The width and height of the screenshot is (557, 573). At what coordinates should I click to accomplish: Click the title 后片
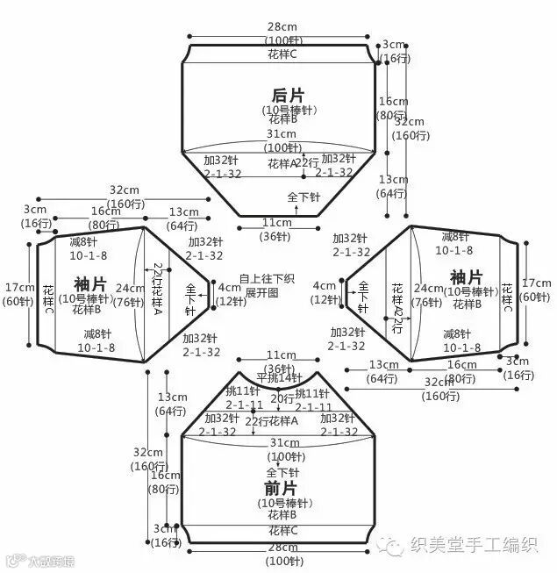click(x=281, y=94)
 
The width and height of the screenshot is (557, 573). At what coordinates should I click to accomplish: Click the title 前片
click(x=281, y=487)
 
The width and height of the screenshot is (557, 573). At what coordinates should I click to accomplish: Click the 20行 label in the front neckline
click(x=282, y=398)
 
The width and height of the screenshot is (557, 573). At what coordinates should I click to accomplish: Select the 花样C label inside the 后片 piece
click(x=282, y=54)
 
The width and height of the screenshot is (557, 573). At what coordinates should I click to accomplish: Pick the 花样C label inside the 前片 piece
click(x=282, y=531)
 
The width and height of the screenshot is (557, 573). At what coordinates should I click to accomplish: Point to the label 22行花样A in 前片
click(x=272, y=421)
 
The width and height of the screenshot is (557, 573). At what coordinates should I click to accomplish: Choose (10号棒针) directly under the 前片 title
click(x=282, y=503)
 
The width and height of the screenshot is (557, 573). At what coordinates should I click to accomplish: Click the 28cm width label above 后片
click(x=282, y=27)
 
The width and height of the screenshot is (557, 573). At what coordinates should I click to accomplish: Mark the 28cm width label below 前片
click(x=282, y=548)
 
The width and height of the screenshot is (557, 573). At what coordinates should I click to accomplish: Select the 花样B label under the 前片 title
click(x=282, y=515)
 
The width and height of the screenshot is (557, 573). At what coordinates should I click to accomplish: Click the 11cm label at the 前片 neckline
click(x=281, y=355)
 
